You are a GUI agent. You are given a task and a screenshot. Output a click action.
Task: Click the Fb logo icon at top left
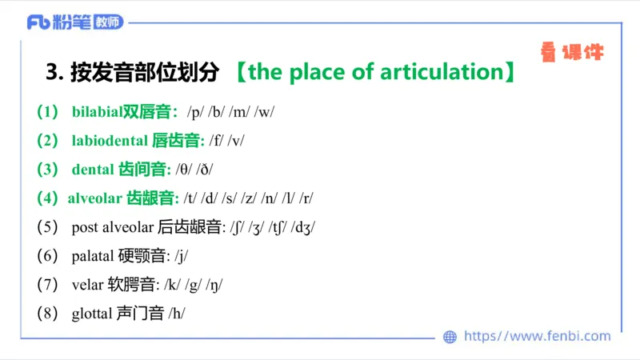pyautogui.click(x=39, y=22)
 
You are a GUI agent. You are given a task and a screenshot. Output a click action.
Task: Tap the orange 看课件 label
pyautogui.click(x=571, y=53)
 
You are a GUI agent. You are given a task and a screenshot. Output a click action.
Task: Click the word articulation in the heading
pyautogui.click(x=439, y=73)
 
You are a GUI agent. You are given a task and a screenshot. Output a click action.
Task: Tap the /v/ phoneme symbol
pyautogui.click(x=236, y=141)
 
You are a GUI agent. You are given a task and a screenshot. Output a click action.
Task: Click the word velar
pyautogui.click(x=87, y=285)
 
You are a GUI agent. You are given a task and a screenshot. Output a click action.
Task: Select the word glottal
pyautogui.click(x=91, y=314)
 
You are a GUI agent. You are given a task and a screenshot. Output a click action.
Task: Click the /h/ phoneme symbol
pyautogui.click(x=177, y=314)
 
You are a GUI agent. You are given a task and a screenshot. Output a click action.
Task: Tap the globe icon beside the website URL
pyautogui.click(x=450, y=337)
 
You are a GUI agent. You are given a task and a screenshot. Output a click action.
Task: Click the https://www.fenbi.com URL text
pyautogui.click(x=537, y=337)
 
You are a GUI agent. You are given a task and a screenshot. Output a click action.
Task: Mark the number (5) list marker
pyautogui.click(x=48, y=227)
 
